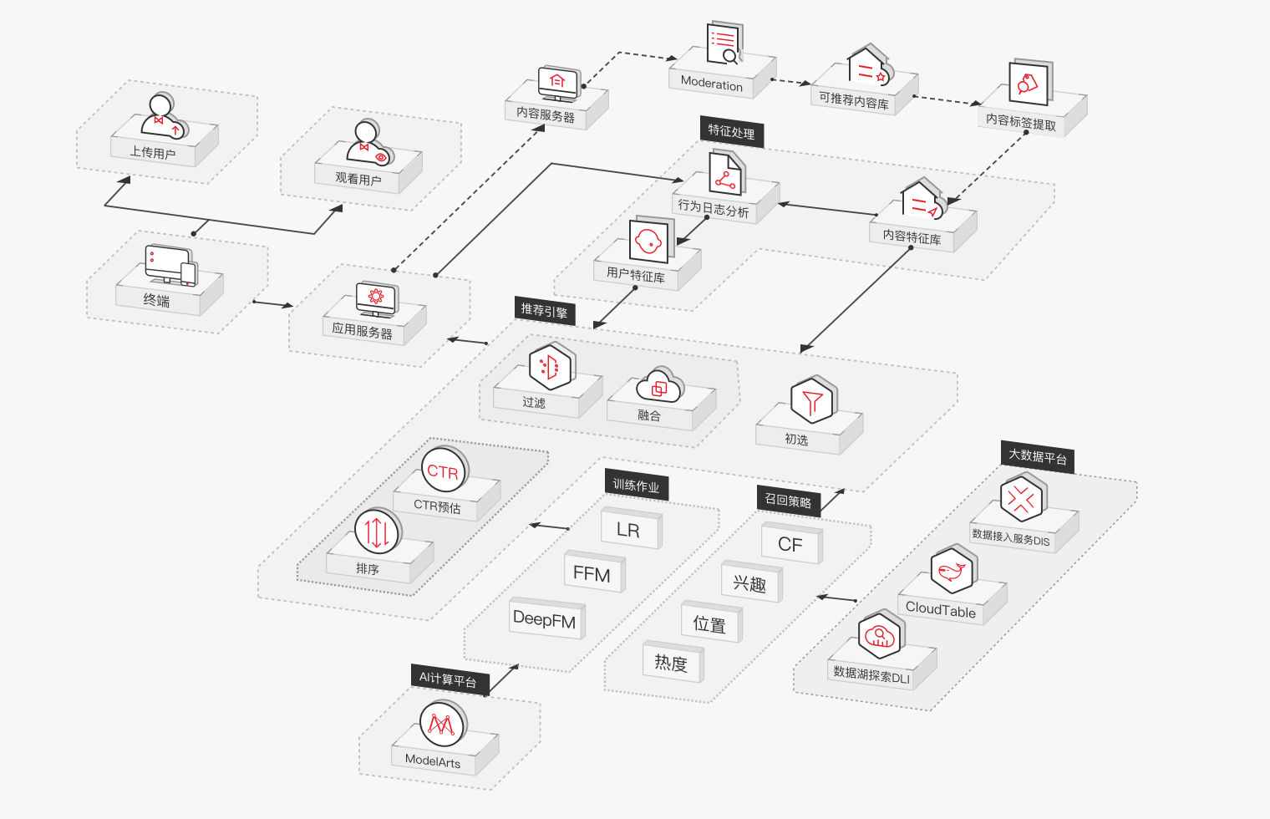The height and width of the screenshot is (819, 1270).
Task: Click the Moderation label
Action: tap(711, 83)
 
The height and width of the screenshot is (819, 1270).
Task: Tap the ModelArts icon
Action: tap(442, 724)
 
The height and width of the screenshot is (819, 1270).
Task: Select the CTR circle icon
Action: tap(444, 471)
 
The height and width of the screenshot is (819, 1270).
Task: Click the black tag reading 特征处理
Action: tap(731, 131)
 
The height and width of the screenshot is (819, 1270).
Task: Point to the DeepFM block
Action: tap(545, 619)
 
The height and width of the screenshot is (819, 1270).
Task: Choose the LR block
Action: tap(628, 530)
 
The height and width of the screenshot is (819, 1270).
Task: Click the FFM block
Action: tap(592, 574)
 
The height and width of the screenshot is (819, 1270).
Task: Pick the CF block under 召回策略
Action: tap(790, 545)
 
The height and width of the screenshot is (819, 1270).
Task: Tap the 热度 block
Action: tap(671, 664)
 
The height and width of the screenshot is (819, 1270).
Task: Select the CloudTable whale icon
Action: tap(952, 572)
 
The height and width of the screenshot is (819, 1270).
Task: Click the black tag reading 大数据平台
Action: tap(1038, 456)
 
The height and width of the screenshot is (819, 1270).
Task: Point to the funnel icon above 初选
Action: tap(812, 402)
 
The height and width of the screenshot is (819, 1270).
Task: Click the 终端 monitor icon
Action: tap(170, 265)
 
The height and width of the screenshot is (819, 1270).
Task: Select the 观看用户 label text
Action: tap(358, 179)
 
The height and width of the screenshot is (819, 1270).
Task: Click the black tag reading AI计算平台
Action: tap(448, 679)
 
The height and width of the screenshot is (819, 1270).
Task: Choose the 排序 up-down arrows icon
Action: tap(377, 531)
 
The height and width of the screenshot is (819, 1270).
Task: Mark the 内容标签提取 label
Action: tap(1020, 122)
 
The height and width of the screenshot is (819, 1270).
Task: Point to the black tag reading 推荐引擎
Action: tap(544, 311)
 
